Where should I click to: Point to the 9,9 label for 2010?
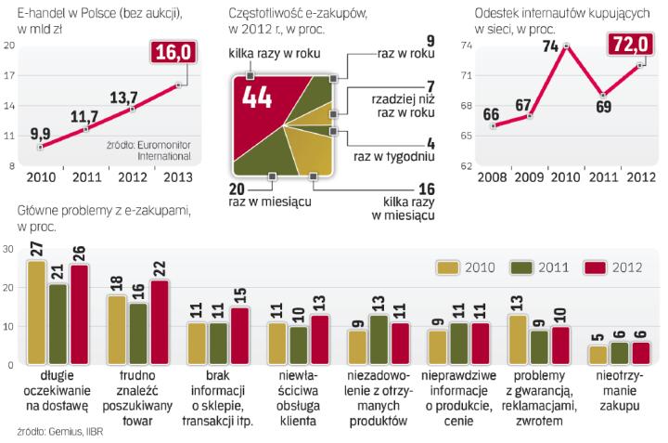39,134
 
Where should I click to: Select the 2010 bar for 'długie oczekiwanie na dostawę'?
36,312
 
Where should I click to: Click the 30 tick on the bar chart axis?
8,249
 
